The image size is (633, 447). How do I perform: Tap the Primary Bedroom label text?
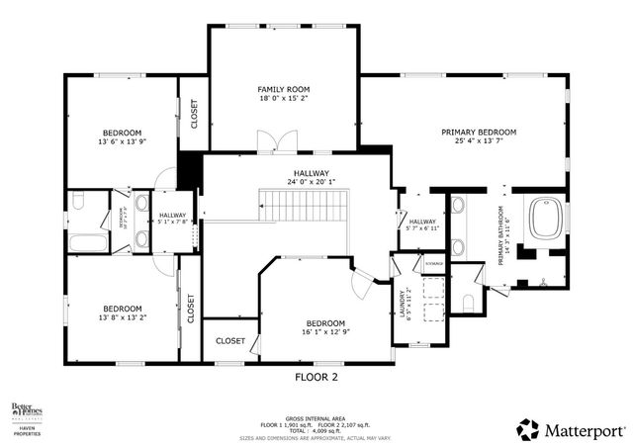click(479, 132)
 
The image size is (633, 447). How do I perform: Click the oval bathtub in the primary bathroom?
click(547, 219)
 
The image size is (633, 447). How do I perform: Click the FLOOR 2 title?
click(316, 377)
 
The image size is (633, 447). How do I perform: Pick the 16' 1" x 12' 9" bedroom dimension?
click(324, 333)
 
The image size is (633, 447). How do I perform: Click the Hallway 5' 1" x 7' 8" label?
click(173, 219)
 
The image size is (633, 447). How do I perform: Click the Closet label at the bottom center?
click(229, 341)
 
